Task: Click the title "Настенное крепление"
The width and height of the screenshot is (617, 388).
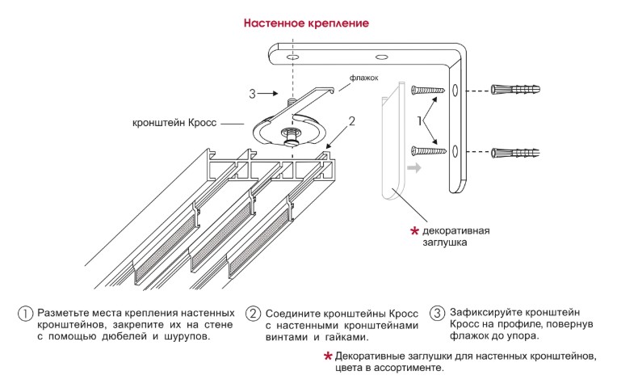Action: pos(307,23)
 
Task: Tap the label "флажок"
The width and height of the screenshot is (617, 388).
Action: pos(364,79)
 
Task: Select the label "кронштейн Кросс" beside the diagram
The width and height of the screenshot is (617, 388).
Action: pos(176,124)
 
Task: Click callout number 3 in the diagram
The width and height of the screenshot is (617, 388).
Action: pos(252,94)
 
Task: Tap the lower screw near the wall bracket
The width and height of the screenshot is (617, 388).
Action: pos(428,150)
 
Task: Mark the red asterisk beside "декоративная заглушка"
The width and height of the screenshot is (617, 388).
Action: pos(415,231)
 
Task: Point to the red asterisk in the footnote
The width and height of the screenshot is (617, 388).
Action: pos(328,356)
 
